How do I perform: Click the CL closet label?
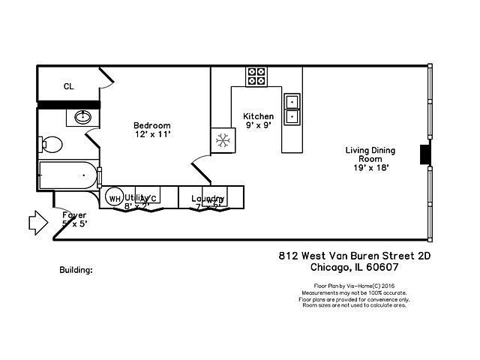[68, 86]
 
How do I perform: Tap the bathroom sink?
[82, 118]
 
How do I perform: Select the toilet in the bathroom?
[51, 143]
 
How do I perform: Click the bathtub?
[68, 175]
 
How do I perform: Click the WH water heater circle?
[114, 198]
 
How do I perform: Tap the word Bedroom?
[152, 125]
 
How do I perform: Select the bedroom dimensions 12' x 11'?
[153, 134]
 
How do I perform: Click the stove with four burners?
[256, 76]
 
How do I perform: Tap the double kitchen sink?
[292, 108]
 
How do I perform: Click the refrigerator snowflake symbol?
[223, 140]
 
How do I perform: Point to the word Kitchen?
[258, 116]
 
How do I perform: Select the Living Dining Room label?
[370, 154]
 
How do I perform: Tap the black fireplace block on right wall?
[425, 154]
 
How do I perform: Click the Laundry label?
[208, 199]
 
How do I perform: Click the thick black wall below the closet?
[68, 104]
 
